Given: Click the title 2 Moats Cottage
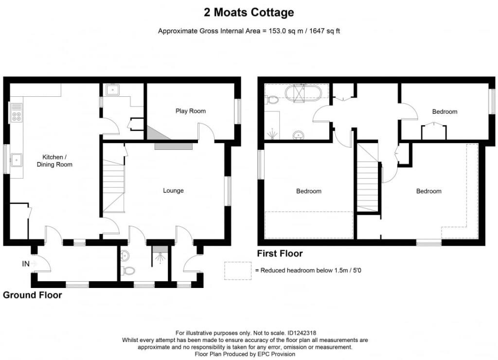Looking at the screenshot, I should tap(249, 12).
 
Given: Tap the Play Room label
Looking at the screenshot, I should tap(191, 111).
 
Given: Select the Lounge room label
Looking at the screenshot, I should tap(173, 190).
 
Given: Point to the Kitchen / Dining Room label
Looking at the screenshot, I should tap(54, 161).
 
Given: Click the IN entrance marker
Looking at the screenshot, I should tap(26, 264).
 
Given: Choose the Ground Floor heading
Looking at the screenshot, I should tap(33, 295).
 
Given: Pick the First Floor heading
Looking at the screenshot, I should tap(280, 253).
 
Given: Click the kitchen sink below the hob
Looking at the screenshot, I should tap(17, 159).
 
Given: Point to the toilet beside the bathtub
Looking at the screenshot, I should tap(272, 100).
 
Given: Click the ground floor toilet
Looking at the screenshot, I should tap(127, 270).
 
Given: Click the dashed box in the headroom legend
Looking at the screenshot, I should tap(238, 270).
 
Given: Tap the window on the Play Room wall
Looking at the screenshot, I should tap(237, 111).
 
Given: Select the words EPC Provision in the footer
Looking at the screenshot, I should tap(273, 354).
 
